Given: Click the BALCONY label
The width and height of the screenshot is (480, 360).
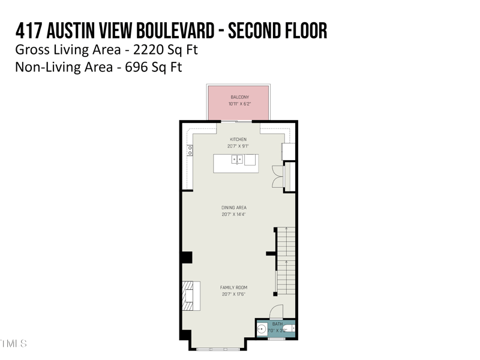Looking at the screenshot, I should [x=239, y=97].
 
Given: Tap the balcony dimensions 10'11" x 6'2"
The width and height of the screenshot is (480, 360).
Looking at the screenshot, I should [x=239, y=104].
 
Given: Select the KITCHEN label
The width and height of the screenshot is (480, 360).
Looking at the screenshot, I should [x=238, y=139].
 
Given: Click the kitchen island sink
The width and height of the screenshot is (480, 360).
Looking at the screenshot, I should [x=238, y=159].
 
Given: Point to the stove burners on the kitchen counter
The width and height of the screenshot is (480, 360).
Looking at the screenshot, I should [x=190, y=151].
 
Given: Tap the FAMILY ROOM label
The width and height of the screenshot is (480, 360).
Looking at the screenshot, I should [x=233, y=287].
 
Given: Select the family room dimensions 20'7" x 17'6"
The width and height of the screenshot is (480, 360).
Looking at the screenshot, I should [x=233, y=294].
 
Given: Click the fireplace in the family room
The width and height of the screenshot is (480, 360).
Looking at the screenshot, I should [x=190, y=295].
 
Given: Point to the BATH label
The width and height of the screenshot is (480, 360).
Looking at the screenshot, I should [x=277, y=324].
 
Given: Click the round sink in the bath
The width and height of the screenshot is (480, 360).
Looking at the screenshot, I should [x=262, y=329].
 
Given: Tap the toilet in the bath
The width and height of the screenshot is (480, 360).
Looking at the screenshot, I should [x=290, y=329].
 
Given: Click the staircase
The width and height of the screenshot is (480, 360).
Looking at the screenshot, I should [x=285, y=261].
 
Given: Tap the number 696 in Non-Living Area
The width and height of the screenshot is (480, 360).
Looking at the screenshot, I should [x=137, y=67].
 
